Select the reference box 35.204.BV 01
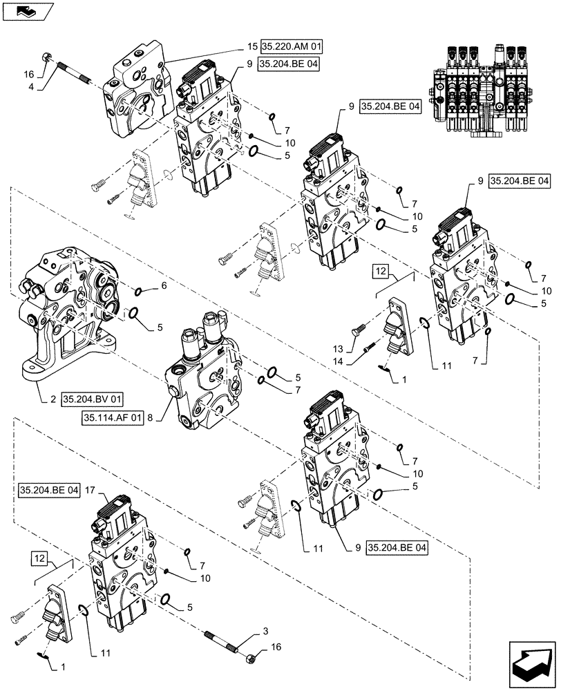[92, 399]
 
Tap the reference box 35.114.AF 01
[113, 417]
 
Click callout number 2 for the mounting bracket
[53, 399]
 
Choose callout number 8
[152, 417]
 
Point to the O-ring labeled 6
[140, 291]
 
